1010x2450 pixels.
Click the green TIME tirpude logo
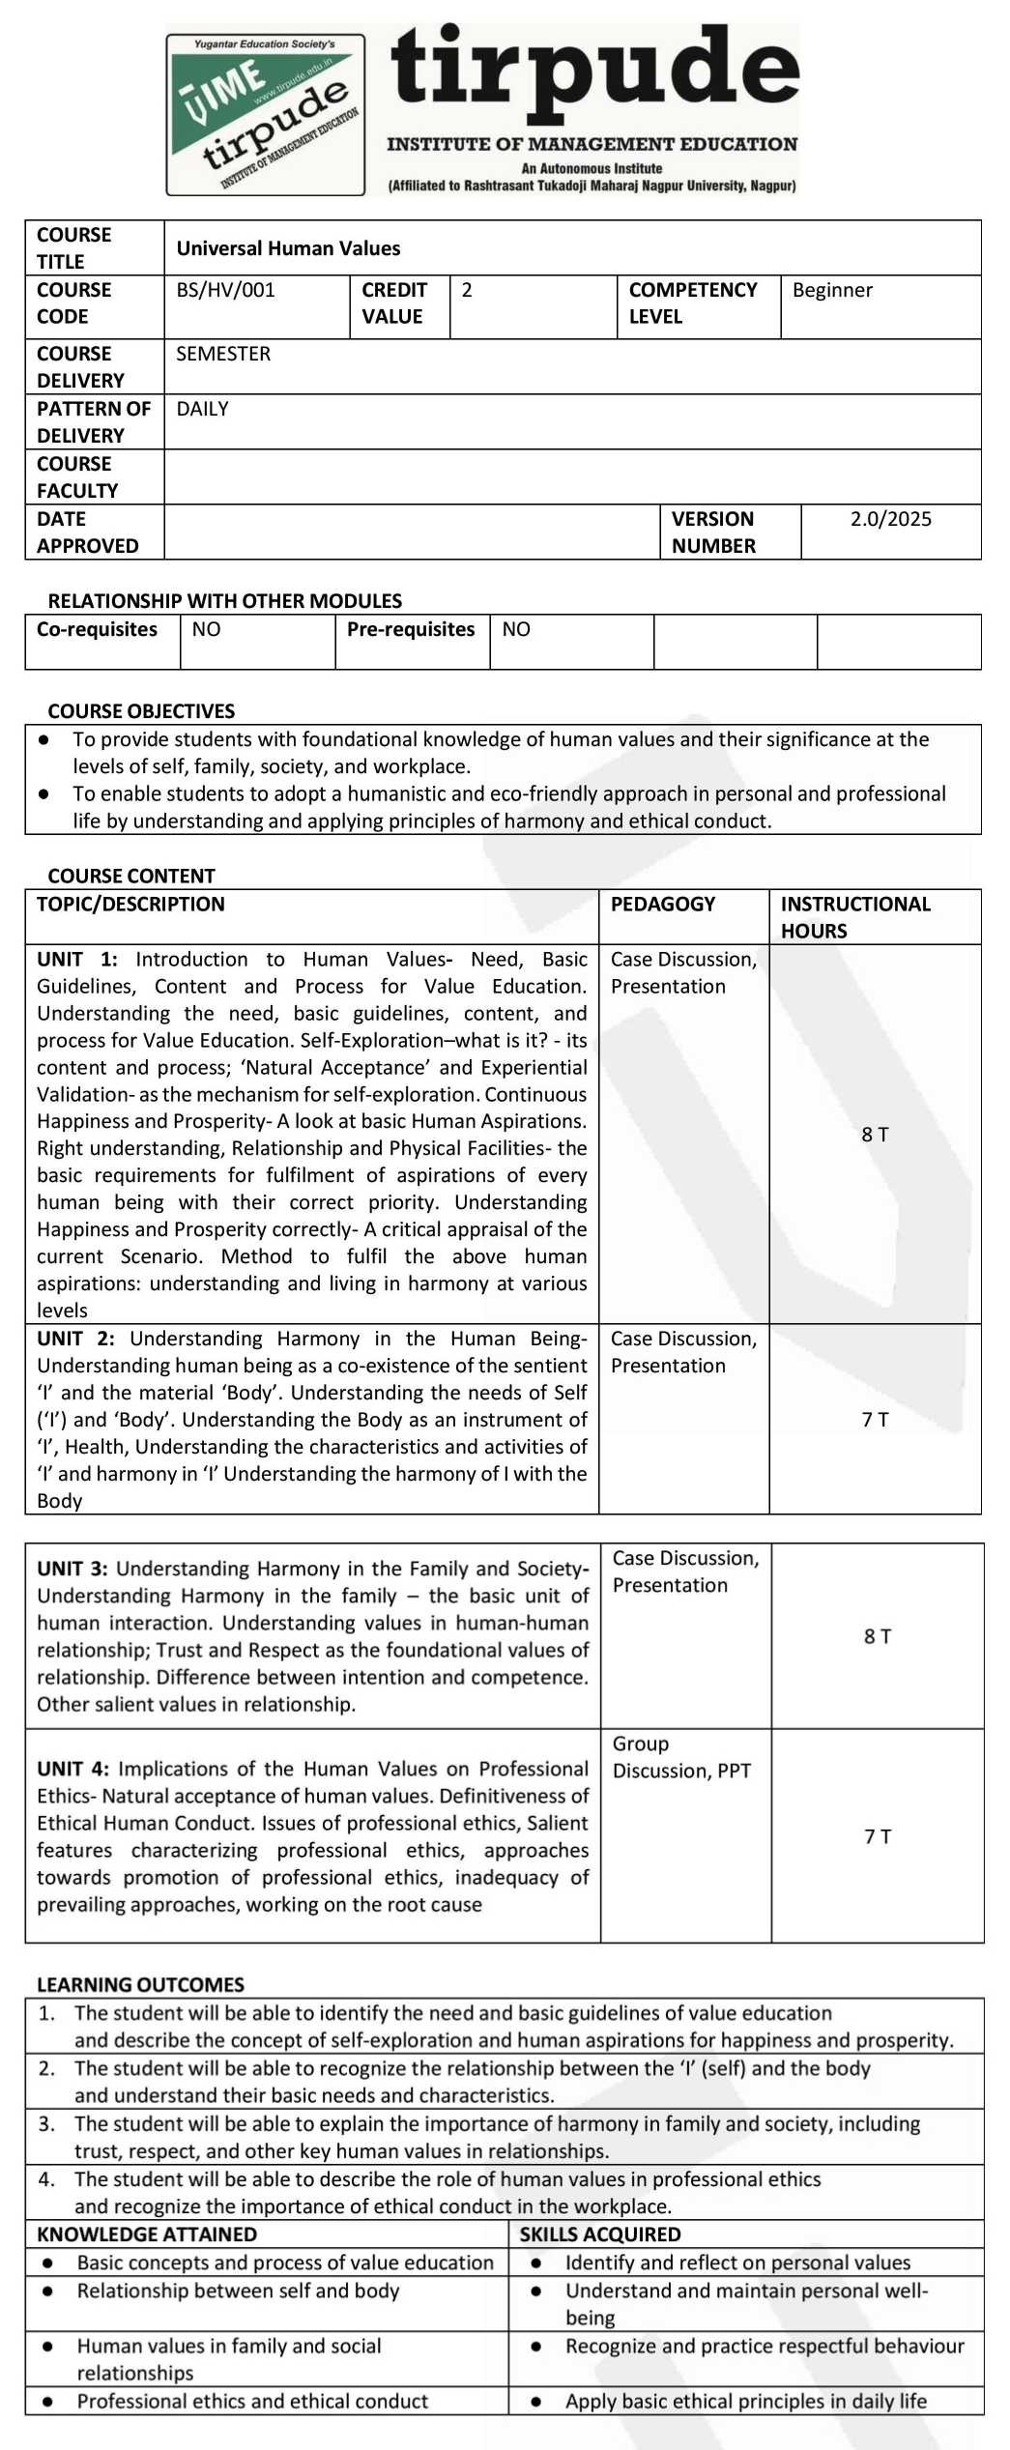[266, 115]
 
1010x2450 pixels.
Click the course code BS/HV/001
[225, 290]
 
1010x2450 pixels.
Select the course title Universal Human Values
[288, 248]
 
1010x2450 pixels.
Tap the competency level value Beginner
[832, 290]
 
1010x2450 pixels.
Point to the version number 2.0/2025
[890, 519]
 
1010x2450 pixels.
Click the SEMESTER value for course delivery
[223, 354]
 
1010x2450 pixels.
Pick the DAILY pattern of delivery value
[202, 409]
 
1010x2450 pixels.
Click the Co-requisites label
[97, 629]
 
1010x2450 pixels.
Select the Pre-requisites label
[411, 629]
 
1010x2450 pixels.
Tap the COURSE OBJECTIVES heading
[141, 711]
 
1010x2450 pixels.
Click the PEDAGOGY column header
[663, 904]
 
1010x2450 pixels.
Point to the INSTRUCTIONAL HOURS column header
[855, 917]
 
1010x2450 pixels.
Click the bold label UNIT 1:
[77, 959]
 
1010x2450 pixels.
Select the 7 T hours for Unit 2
[875, 1419]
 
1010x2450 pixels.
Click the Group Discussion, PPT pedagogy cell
[680, 1757]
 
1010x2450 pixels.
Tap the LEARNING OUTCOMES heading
[140, 1984]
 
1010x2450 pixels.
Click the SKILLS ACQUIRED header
[599, 2234]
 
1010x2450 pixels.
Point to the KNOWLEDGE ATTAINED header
[147, 2234]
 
